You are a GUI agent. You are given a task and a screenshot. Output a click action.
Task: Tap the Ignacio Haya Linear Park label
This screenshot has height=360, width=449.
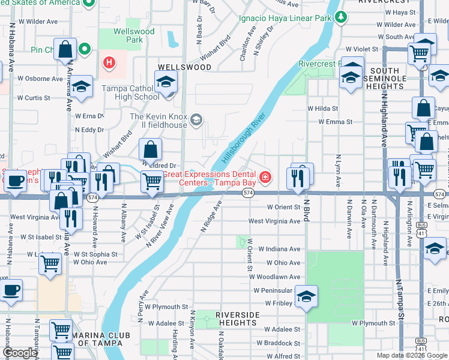point(286,19)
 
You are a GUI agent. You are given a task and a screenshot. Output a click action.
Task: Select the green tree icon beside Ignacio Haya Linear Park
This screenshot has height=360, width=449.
point(342,17)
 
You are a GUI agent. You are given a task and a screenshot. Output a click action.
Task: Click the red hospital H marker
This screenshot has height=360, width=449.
point(109,62)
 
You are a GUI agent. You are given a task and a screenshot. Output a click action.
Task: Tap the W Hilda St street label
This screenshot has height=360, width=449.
point(322,109)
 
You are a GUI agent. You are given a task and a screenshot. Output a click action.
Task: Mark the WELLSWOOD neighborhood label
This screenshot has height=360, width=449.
point(184,67)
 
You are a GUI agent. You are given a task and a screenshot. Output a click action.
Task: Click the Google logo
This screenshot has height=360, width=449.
point(20,353)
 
